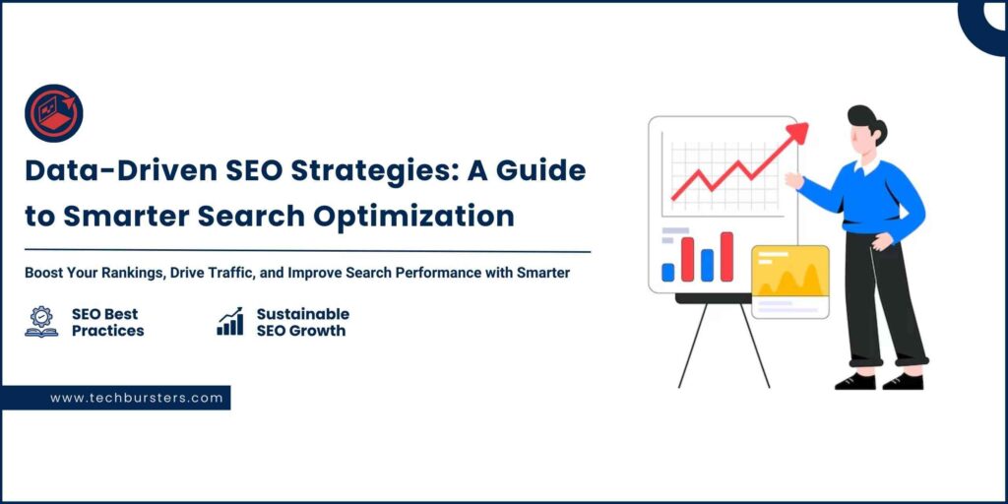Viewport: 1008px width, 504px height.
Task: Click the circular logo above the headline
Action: coord(54,113)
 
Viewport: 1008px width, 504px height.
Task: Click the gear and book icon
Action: coord(41,322)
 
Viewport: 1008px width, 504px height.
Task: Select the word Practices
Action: coord(108,331)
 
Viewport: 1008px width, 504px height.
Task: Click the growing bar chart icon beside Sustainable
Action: coord(230,321)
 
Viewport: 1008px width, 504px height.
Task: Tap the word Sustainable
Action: coord(303,314)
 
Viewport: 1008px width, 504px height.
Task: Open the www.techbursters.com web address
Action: coord(136,398)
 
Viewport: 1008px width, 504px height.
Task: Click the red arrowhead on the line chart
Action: coord(797,133)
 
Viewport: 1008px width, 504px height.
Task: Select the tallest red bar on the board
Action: coord(726,257)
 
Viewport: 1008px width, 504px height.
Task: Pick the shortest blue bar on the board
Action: coord(668,272)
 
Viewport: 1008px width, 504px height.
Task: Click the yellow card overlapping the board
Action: coord(790,282)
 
